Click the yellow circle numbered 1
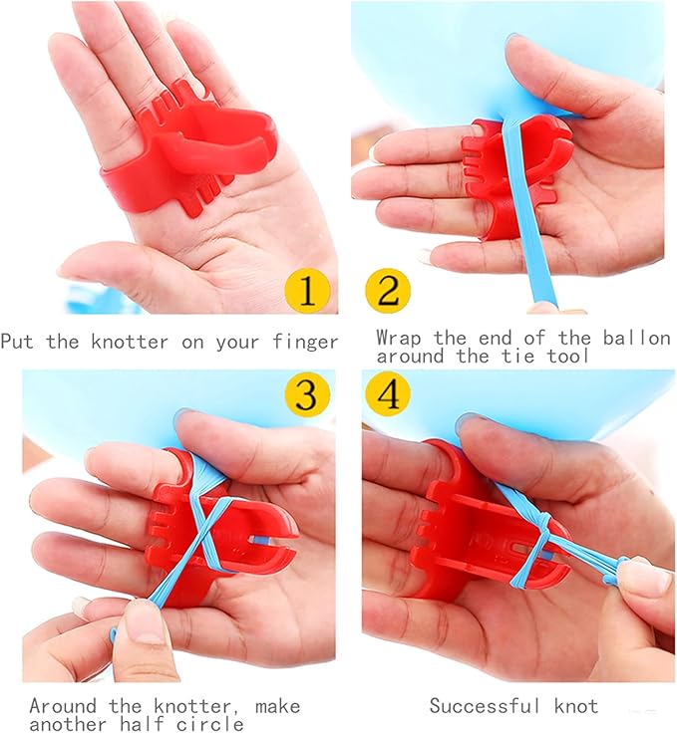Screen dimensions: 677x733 tap(307, 291)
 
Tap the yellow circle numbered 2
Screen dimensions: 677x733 tap(388, 291)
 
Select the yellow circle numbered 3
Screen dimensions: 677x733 tap(307, 395)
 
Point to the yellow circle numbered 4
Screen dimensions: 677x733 tap(388, 395)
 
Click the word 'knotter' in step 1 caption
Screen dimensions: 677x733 tap(130, 342)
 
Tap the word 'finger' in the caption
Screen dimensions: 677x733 tap(304, 342)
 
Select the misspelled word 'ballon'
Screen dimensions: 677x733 tap(636, 338)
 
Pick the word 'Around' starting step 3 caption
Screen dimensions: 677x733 tap(63, 705)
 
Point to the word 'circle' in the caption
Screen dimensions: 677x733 tap(210, 724)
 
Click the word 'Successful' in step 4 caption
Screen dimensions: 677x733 tap(485, 705)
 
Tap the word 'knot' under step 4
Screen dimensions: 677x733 tap(576, 705)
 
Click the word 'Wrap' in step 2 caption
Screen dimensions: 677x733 tap(399, 338)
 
